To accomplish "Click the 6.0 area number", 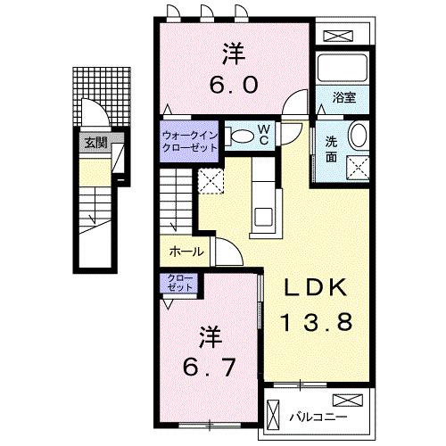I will coord(235,85).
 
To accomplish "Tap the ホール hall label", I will coord(186,252).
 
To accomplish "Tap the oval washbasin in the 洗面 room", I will coord(357,137).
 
